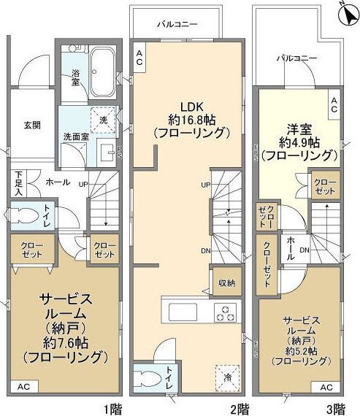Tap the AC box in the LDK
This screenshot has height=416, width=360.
pyautogui.click(x=139, y=58)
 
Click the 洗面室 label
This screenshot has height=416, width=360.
pyautogui.click(x=74, y=136)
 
